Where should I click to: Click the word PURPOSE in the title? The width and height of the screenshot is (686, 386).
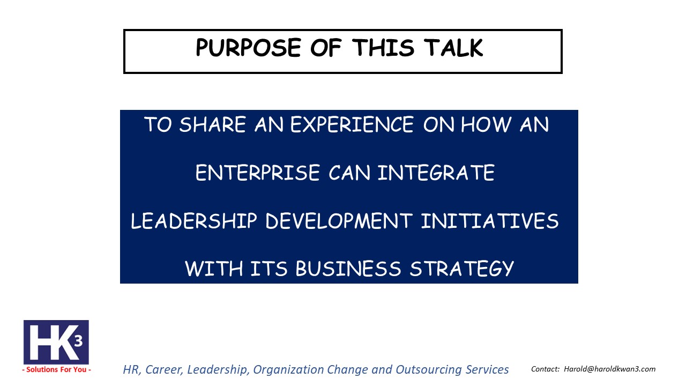(x=248, y=48)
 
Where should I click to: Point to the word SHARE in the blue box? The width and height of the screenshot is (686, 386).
(x=213, y=124)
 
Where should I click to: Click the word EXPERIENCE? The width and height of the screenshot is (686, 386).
(x=352, y=124)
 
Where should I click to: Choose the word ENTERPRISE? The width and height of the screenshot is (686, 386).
(x=258, y=173)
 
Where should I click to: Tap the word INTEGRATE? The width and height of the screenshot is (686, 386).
(x=436, y=173)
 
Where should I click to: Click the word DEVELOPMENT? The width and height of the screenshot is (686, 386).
(x=339, y=220)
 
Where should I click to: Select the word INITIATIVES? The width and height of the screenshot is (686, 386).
(x=490, y=220)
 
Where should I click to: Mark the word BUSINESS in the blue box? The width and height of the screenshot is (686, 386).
(x=348, y=269)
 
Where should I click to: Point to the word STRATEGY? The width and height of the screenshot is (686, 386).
(x=462, y=269)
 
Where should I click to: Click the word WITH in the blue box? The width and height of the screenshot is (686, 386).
(x=214, y=269)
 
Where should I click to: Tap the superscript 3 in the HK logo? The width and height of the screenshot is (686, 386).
(x=79, y=340)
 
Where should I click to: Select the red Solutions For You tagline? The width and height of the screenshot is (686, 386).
(x=56, y=369)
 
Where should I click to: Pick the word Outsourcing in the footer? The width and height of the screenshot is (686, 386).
(x=428, y=369)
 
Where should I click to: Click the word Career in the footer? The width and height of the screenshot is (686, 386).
(x=164, y=369)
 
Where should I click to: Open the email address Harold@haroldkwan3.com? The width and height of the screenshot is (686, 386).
(x=609, y=369)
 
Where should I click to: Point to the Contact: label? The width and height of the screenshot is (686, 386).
(x=545, y=369)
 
